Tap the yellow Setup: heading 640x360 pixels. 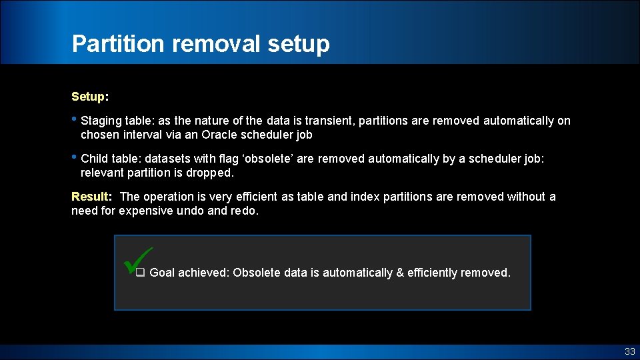pyautogui.click(x=90, y=97)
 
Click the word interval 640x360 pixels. pyautogui.click(x=143, y=135)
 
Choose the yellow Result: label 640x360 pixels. pyautogui.click(x=91, y=197)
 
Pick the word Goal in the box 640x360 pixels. pyautogui.click(x=163, y=273)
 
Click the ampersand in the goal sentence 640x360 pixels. pyautogui.click(x=399, y=273)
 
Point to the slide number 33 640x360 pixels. pyautogui.click(x=629, y=352)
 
